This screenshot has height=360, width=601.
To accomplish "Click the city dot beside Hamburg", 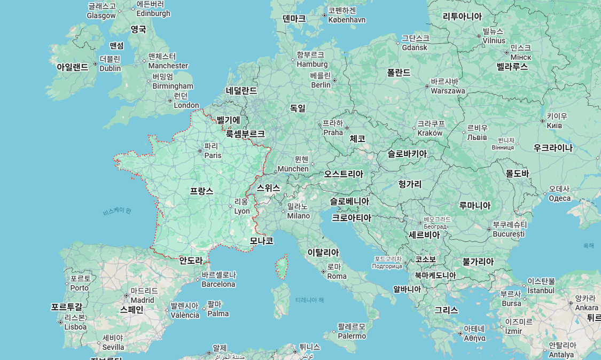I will pos(293,59).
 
